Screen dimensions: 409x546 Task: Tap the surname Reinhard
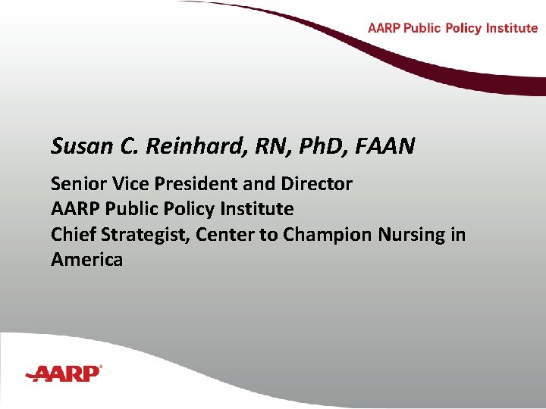pos(175,145)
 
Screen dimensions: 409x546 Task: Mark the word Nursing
pos(414,235)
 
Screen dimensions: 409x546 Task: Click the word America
pos(86,260)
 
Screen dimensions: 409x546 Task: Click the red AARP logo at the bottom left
pos(64,373)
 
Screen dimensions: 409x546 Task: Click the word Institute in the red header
pos(513,28)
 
